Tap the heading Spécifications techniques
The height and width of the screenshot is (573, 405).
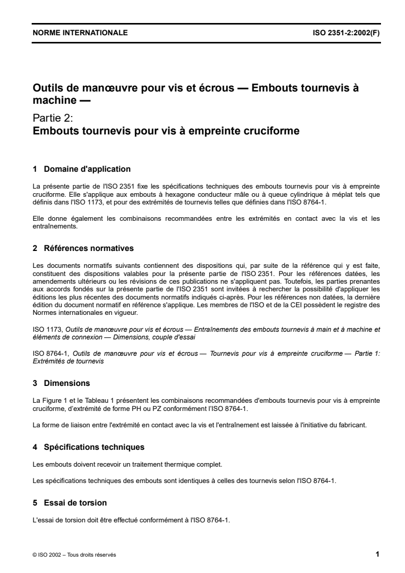coord(94,447)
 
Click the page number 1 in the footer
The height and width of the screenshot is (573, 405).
coord(377,554)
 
